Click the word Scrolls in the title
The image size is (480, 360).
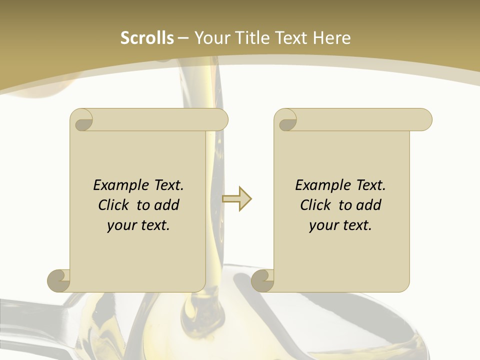147,38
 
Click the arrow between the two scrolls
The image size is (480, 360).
236,199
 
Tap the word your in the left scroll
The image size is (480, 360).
121,225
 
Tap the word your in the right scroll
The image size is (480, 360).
323,225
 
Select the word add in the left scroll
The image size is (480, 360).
167,205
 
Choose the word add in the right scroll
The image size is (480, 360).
369,205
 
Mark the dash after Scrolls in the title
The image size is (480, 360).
183,38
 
